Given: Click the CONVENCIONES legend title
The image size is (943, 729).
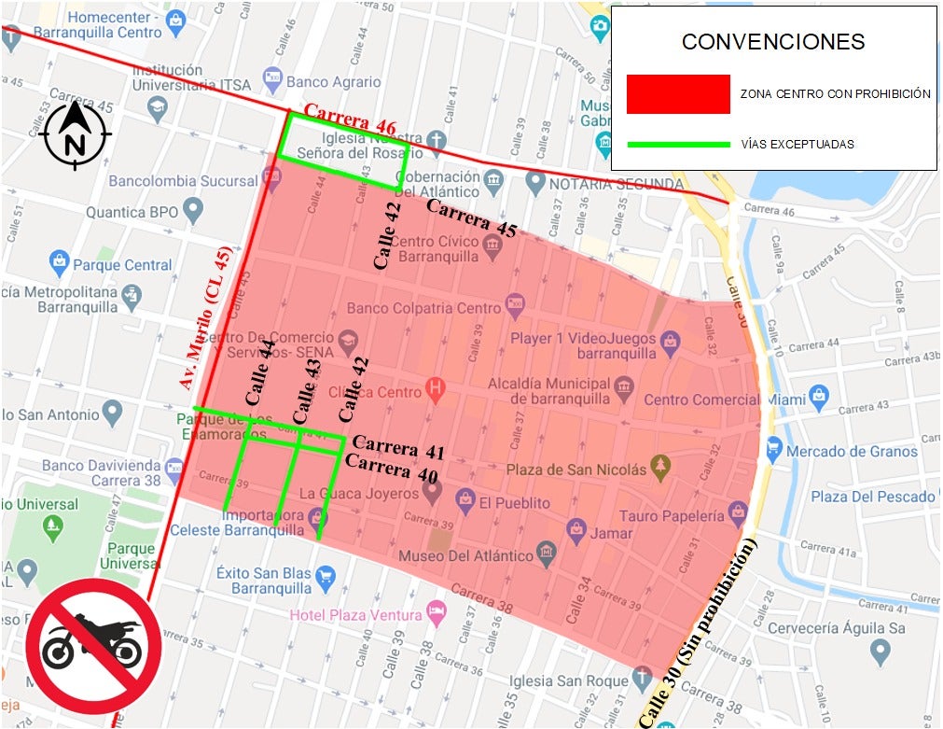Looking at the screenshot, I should tap(773, 42).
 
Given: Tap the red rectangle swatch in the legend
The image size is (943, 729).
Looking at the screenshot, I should tap(678, 93).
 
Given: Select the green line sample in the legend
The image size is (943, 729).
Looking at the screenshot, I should tap(678, 145).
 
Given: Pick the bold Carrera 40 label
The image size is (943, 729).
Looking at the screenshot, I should tap(392, 469).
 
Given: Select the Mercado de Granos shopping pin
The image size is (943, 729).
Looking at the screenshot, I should tap(773, 451).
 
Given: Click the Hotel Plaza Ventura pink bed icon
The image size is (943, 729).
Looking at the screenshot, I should tap(436, 612).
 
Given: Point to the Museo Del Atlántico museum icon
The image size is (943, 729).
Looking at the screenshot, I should tap(548, 556).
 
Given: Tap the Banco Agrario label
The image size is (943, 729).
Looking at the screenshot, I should tap(334, 82).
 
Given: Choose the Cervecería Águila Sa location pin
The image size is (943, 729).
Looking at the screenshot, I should tap(878, 651).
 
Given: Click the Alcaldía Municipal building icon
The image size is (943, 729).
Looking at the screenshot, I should tap(625, 385).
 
